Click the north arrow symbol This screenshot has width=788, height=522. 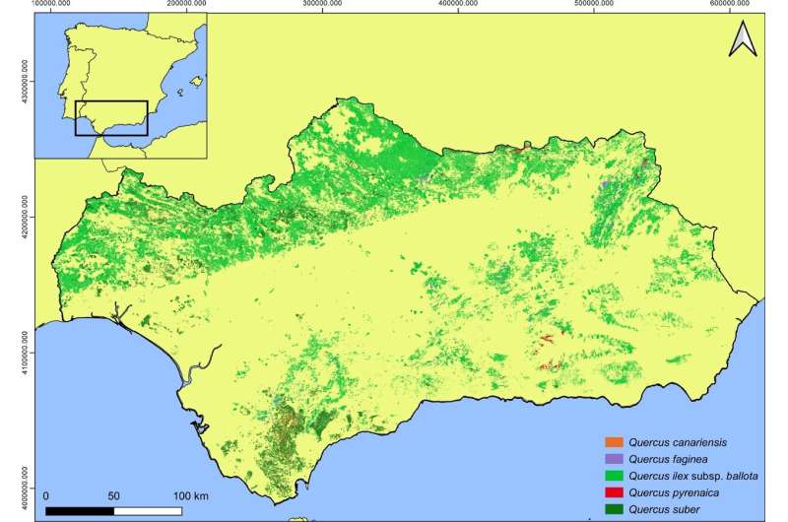[x=743, y=41]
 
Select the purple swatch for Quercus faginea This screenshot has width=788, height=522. [x=617, y=459]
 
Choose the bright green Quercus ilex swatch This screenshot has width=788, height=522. [x=617, y=476]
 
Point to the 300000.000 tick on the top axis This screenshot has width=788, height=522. [x=325, y=5]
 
